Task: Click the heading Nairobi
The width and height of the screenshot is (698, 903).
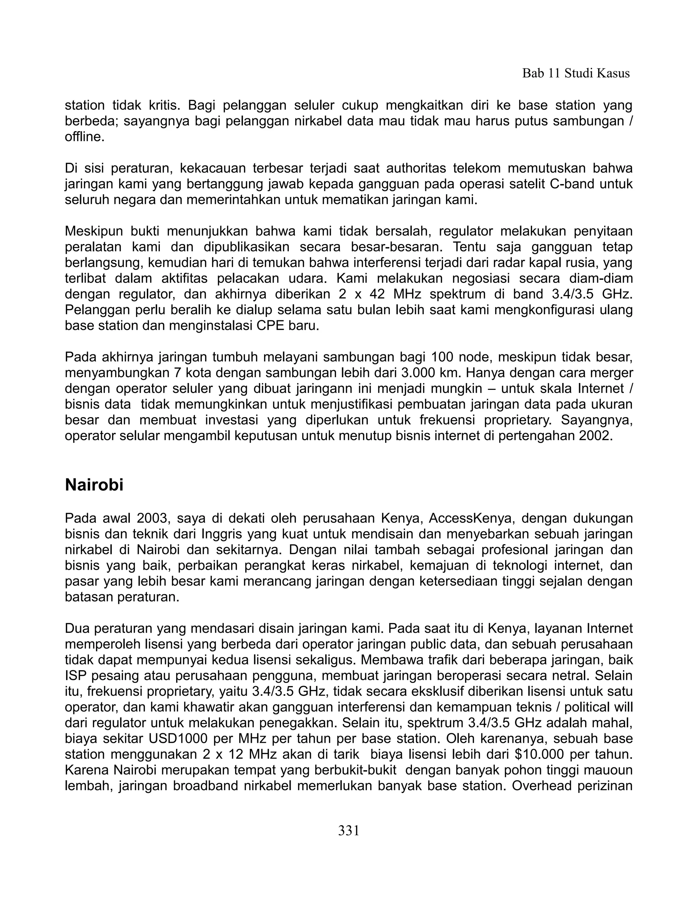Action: pyautogui.click(x=94, y=485)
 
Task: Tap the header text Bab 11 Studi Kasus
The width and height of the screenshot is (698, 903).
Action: pyautogui.click(x=576, y=73)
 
